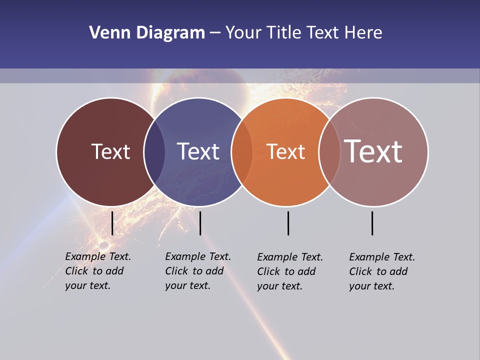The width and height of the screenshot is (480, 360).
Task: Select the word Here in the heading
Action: coord(363,33)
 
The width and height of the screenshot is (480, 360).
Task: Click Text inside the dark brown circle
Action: coord(110,151)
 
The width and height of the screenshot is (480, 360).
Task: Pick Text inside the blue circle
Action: coord(198,151)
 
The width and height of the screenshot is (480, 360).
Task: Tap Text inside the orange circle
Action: coord(286,151)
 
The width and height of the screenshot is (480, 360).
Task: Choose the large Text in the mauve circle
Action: coord(373,151)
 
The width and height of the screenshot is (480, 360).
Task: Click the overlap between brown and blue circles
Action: coord(154,151)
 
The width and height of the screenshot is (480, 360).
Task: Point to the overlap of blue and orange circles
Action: coord(242,151)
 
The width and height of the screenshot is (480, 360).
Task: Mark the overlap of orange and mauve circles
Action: coord(329,151)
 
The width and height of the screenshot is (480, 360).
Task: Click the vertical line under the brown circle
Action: coord(112,223)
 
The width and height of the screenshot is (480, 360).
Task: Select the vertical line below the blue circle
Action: coord(200,223)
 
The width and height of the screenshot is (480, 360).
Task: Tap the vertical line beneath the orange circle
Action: coord(288,223)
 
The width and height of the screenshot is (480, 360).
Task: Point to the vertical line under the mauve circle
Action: coord(372,223)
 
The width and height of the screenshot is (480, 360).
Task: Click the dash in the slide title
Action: coord(215,33)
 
